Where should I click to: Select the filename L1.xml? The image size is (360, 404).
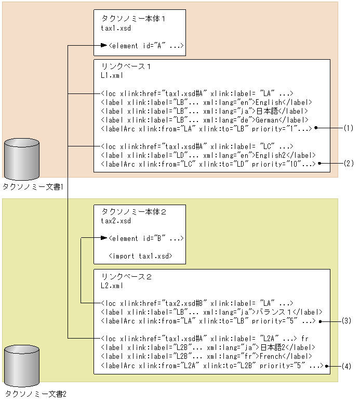pos(112,76)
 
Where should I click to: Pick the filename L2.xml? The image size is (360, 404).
pos(112,286)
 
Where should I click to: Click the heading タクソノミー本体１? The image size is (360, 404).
pos(133,18)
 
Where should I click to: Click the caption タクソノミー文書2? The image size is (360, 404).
pos(36,394)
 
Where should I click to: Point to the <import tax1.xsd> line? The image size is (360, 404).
pos(140,256)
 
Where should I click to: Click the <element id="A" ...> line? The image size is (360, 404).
pos(146,47)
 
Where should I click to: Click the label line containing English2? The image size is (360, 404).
pos(208,155)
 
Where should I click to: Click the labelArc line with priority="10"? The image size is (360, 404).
pos(208,164)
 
